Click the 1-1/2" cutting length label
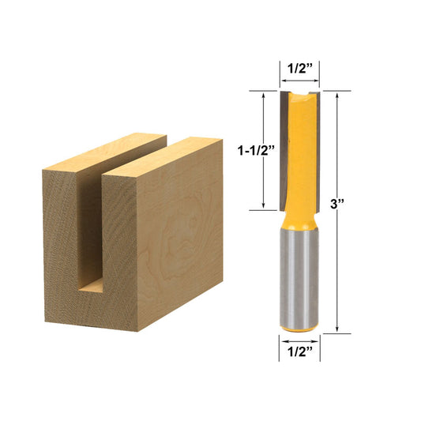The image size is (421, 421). coord(256,151)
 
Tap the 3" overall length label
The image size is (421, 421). coord(337,204)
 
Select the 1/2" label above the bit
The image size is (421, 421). coord(300,68)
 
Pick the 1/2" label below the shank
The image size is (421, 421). coord(300,351)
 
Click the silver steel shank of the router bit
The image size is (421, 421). coord(299,277)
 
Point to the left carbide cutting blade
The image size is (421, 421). coord(284,150)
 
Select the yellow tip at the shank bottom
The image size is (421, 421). coord(299,328)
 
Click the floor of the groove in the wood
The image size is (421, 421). coord(92,285)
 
